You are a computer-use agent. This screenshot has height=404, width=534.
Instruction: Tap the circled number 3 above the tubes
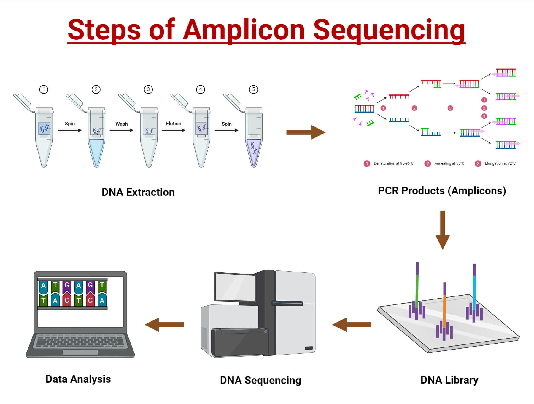tap(148, 89)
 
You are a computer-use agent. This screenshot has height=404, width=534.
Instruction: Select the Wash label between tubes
tap(121, 124)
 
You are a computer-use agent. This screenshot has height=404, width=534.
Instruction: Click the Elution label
tap(174, 124)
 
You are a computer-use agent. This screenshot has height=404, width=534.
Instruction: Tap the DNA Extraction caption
tap(138, 192)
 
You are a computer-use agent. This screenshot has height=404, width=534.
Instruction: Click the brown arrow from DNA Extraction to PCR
tap(306, 132)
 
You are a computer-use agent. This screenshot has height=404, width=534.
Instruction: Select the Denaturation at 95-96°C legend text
tap(393, 163)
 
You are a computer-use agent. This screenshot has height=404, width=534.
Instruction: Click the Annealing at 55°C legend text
tap(449, 163)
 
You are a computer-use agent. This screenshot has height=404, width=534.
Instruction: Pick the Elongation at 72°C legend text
tap(500, 163)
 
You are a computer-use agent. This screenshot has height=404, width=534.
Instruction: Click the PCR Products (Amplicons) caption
tap(442, 191)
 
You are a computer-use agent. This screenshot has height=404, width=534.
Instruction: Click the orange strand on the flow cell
tap(444, 311)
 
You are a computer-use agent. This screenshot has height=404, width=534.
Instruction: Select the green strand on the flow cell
tap(417, 290)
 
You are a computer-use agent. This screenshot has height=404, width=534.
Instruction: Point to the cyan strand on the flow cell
tap(474, 292)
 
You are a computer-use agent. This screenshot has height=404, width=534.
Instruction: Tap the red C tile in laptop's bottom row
tap(67, 300)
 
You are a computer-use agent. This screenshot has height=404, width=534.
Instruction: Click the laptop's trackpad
tap(80, 352)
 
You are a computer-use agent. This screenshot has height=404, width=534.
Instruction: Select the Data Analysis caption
tap(78, 379)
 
